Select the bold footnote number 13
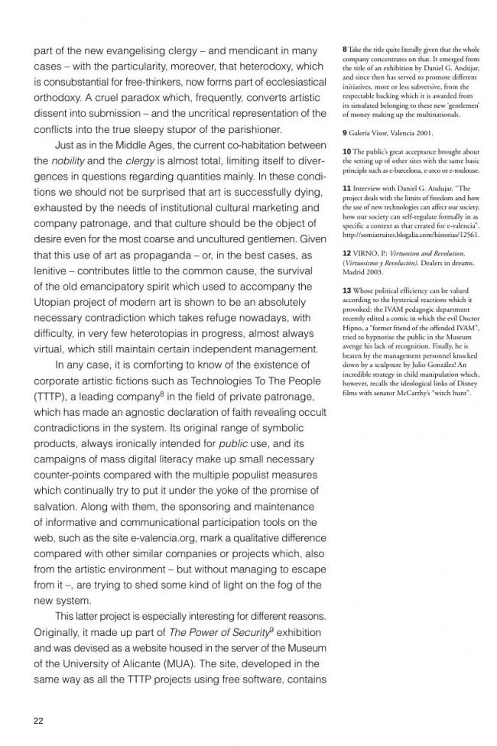pyautogui.click(x=348, y=290)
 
